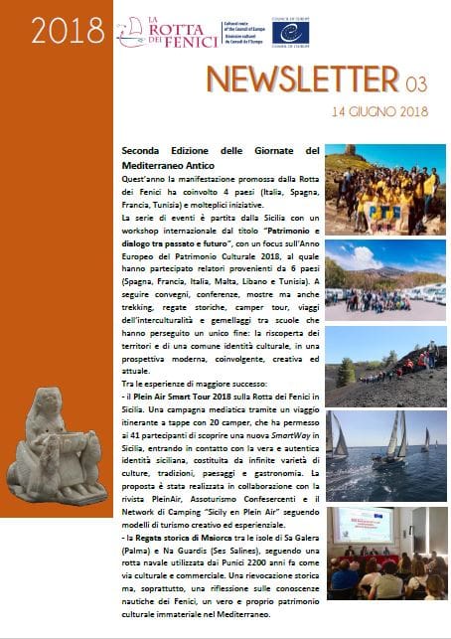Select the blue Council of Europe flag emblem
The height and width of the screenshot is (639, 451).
coord(291,32)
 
